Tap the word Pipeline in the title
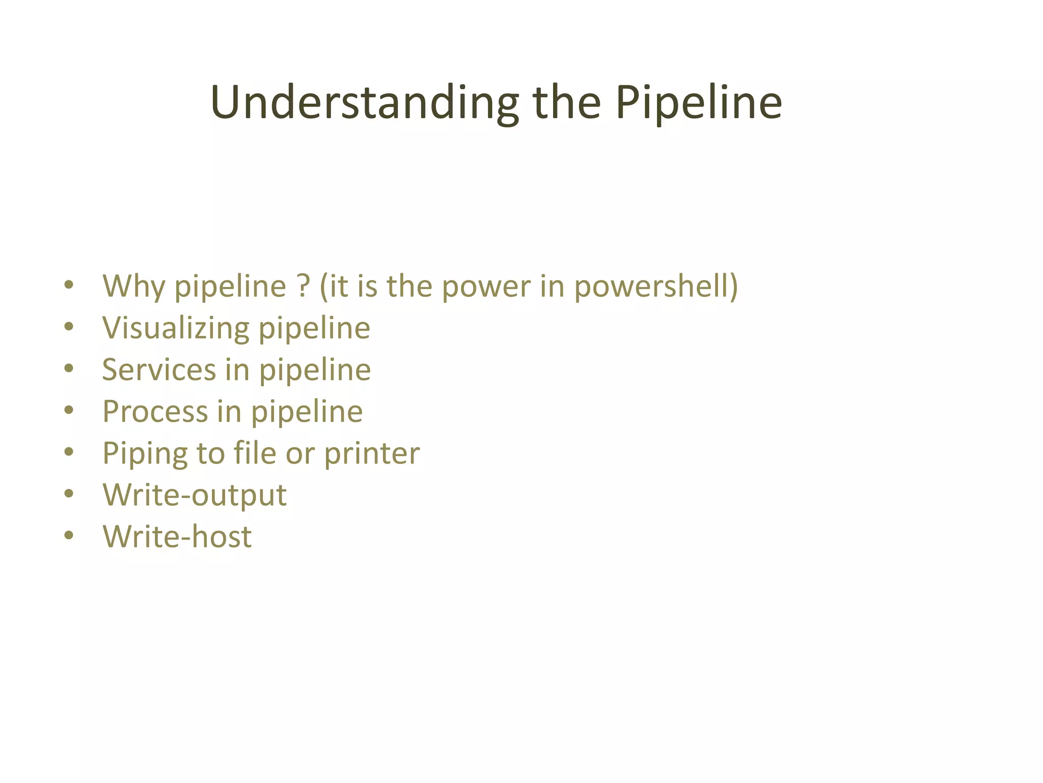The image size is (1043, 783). (x=698, y=103)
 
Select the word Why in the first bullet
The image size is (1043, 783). (x=134, y=286)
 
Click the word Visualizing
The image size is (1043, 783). (x=176, y=328)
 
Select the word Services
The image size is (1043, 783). (x=159, y=370)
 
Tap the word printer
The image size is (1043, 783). (x=372, y=454)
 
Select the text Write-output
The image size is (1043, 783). (x=195, y=495)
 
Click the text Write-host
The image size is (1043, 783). (x=177, y=537)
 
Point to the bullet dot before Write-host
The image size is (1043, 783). (x=69, y=536)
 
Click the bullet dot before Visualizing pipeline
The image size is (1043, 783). (x=69, y=327)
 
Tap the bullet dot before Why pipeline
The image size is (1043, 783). (x=69, y=285)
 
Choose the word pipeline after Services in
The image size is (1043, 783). (x=315, y=371)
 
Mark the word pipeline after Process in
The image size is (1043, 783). (x=307, y=412)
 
